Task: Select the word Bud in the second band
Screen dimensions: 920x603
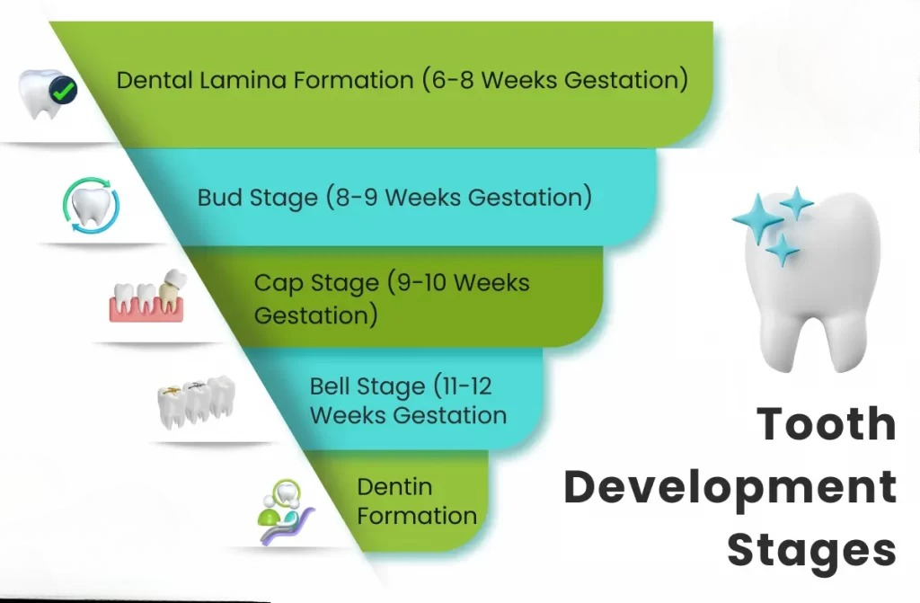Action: [x=220, y=198]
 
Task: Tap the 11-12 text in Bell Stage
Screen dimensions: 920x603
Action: [x=466, y=386]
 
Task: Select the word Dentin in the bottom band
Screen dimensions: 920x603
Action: [x=394, y=487]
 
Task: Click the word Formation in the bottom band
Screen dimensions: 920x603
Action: [x=417, y=516]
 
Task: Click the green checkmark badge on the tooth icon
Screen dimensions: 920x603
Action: [x=64, y=91]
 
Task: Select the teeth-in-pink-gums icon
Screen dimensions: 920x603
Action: [x=146, y=296]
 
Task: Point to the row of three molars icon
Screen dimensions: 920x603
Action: [x=197, y=402]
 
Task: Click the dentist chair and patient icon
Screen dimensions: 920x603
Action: [x=285, y=511]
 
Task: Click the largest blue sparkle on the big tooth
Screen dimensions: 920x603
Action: [x=757, y=217]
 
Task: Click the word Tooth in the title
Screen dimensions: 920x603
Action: [x=827, y=424]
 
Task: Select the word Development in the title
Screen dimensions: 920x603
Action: [x=730, y=487]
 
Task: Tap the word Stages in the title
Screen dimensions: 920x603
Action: [x=812, y=551]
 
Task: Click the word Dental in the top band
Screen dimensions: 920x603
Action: [x=155, y=80]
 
